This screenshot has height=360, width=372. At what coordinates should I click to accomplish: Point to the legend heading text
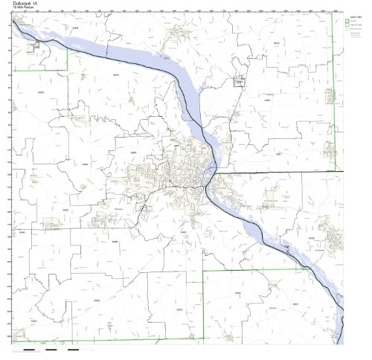356,15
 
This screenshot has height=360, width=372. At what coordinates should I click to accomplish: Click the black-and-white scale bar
52,348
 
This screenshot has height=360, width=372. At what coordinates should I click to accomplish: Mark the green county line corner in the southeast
205,270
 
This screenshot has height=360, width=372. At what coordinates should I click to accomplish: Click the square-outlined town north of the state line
240,82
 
